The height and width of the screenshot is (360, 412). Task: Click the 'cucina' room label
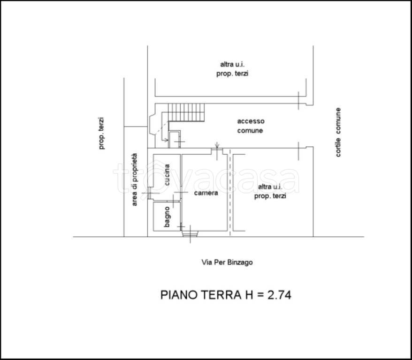(x=167, y=175)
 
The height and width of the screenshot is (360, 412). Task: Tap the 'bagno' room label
(x=167, y=217)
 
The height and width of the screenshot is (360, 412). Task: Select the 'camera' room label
(x=206, y=193)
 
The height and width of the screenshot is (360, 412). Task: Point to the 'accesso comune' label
(x=251, y=126)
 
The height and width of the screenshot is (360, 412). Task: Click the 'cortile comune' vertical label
(x=338, y=132)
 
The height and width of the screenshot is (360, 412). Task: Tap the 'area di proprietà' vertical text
(x=134, y=180)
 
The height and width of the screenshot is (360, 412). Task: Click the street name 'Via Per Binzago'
(x=227, y=262)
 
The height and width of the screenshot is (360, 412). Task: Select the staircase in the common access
(x=186, y=112)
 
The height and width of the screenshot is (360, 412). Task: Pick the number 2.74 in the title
(x=279, y=295)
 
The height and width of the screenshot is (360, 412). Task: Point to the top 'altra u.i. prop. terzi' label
(x=232, y=69)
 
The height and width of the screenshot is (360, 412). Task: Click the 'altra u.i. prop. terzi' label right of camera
(x=270, y=191)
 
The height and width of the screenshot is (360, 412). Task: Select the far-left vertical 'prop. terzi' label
(x=101, y=133)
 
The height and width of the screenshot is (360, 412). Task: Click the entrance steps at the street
(x=190, y=234)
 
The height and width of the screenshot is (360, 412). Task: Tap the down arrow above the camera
(x=217, y=145)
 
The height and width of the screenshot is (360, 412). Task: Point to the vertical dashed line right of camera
(x=230, y=192)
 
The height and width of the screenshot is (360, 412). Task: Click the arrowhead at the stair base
(x=166, y=140)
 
